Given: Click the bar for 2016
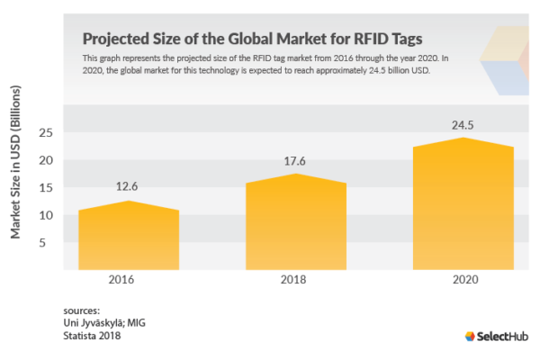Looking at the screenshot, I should (x=129, y=238).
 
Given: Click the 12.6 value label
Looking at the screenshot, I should (x=129, y=187).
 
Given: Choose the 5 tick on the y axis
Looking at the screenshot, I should (x=50, y=242).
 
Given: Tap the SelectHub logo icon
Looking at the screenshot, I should (x=469, y=337).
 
